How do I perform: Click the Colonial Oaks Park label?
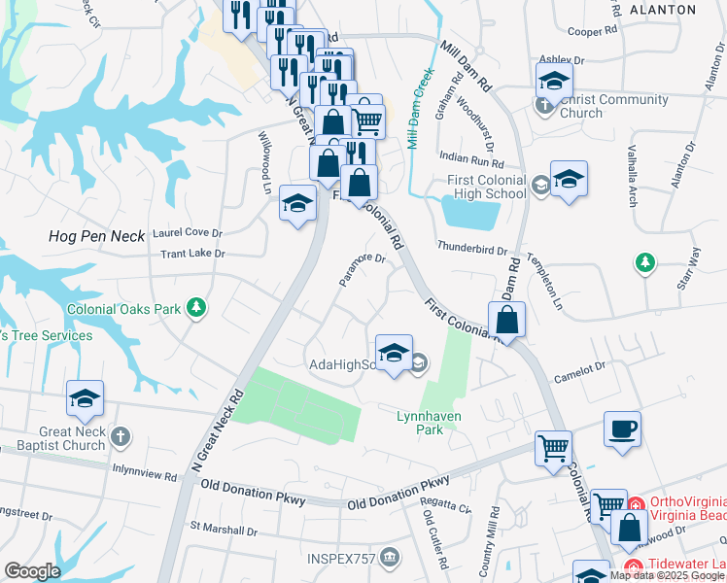tap(124, 309)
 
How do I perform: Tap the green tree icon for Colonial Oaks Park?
tap(196, 308)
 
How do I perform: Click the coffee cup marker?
tap(622, 429)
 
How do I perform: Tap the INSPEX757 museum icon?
tap(390, 557)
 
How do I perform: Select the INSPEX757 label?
tap(339, 558)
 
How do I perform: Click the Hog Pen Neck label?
tap(96, 236)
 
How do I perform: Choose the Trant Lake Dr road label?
tap(192, 254)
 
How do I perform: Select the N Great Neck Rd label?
tap(216, 432)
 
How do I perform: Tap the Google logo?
tap(33, 571)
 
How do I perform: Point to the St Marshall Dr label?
tap(224, 530)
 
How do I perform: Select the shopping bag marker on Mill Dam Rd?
tap(506, 320)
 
